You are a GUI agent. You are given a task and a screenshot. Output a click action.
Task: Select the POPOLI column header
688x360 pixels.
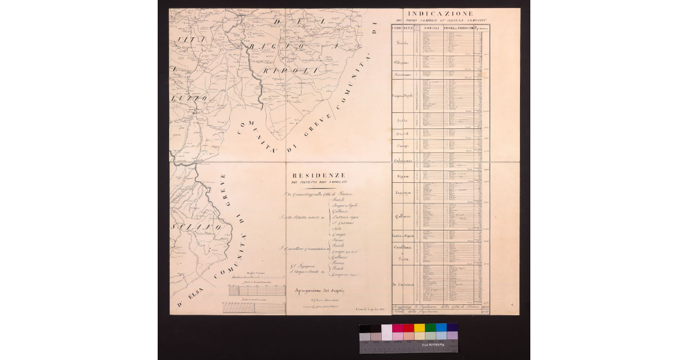pos(433,28)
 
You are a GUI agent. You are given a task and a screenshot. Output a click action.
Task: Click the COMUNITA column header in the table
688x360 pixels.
pos(402,28)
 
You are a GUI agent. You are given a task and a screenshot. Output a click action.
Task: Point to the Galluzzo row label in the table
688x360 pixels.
pos(404,216)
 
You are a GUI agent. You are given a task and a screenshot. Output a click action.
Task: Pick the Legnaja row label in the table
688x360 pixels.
pos(404,194)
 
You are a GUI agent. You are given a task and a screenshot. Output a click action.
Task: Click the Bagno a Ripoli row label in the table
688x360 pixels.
pos(403,95)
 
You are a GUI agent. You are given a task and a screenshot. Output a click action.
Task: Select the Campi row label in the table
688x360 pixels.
pos(402,147)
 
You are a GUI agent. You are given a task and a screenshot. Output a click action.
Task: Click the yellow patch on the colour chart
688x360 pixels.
pos(419,328)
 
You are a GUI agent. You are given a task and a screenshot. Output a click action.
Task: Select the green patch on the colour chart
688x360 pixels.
pos(430,328)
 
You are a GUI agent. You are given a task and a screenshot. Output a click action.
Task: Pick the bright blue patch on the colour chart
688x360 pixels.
pos(441,328)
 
